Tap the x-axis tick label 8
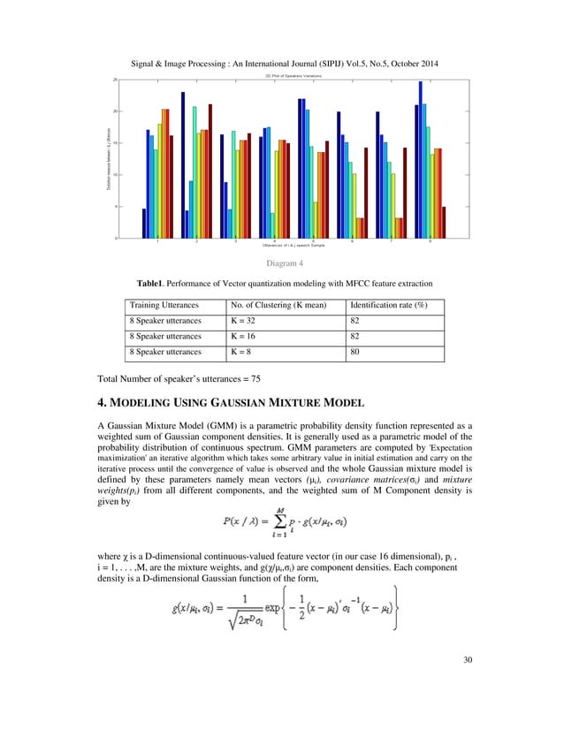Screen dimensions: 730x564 click(x=430, y=241)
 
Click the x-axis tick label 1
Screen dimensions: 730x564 click(x=157, y=241)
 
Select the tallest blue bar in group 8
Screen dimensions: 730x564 click(x=421, y=159)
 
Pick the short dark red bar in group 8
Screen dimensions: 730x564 click(x=443, y=222)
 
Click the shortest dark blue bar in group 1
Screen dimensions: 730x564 click(x=144, y=223)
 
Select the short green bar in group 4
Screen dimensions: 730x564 click(x=272, y=224)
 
